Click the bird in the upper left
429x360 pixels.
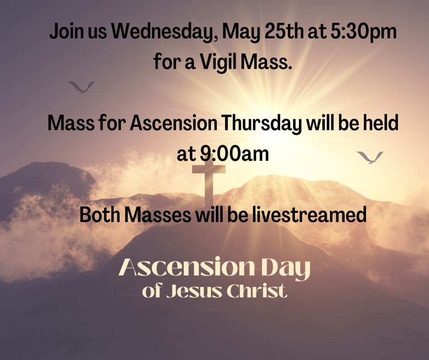pyautogui.click(x=81, y=87)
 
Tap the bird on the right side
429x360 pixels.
pyautogui.click(x=370, y=157)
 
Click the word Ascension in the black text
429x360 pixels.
pyautogui.click(x=173, y=123)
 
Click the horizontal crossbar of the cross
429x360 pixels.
pyautogui.click(x=209, y=169)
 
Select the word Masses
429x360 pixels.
pyautogui.click(x=157, y=215)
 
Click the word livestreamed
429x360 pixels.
pyautogui.click(x=309, y=215)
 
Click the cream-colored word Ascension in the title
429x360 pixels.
pyautogui.click(x=187, y=267)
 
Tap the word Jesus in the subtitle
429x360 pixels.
pyautogui.click(x=194, y=291)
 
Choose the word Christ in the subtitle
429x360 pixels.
pyautogui.click(x=257, y=291)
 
